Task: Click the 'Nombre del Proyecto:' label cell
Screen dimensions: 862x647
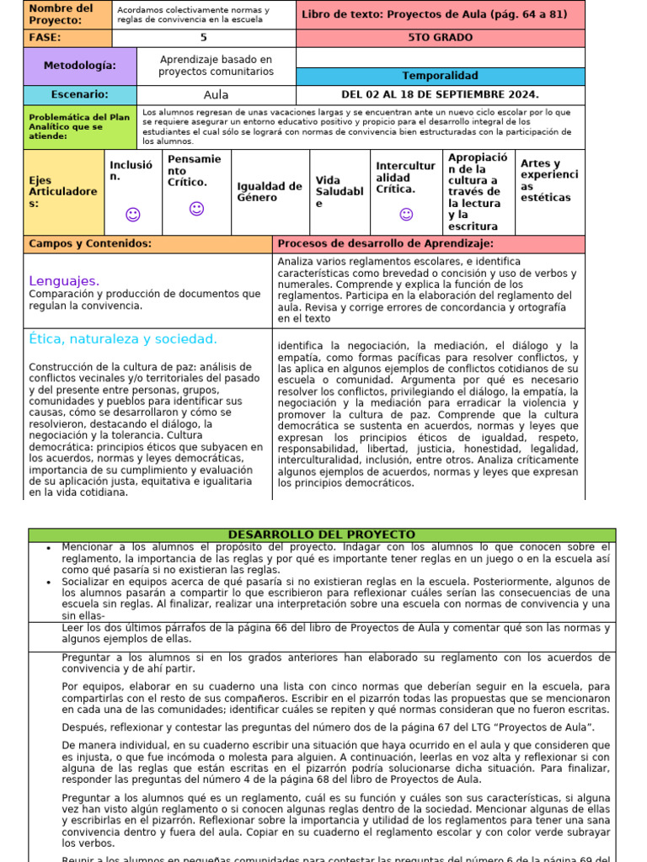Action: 67,14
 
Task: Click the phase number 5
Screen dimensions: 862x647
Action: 203,38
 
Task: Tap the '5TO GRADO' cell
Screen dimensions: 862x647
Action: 440,38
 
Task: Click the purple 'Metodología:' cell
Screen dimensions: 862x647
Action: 80,66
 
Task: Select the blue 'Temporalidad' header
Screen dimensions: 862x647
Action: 440,76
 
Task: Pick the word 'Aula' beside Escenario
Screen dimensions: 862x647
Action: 217,95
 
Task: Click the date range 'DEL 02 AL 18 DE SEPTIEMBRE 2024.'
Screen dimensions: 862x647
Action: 440,95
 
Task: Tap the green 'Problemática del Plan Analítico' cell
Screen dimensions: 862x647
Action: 80,127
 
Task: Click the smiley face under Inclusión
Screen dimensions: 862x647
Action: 132,215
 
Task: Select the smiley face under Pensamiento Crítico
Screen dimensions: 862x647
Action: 196,208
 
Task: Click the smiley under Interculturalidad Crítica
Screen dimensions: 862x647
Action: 406,215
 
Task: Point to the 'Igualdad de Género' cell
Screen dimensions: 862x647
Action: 270,192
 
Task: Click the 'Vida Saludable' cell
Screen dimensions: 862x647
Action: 340,192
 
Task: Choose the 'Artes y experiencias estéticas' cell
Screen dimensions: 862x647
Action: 549,181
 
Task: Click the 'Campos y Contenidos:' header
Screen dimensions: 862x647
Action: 90,244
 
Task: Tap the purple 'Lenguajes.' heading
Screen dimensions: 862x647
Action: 64,280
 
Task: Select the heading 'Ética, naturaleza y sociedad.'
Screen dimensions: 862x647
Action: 123,339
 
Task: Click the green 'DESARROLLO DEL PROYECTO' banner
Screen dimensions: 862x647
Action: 322,535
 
